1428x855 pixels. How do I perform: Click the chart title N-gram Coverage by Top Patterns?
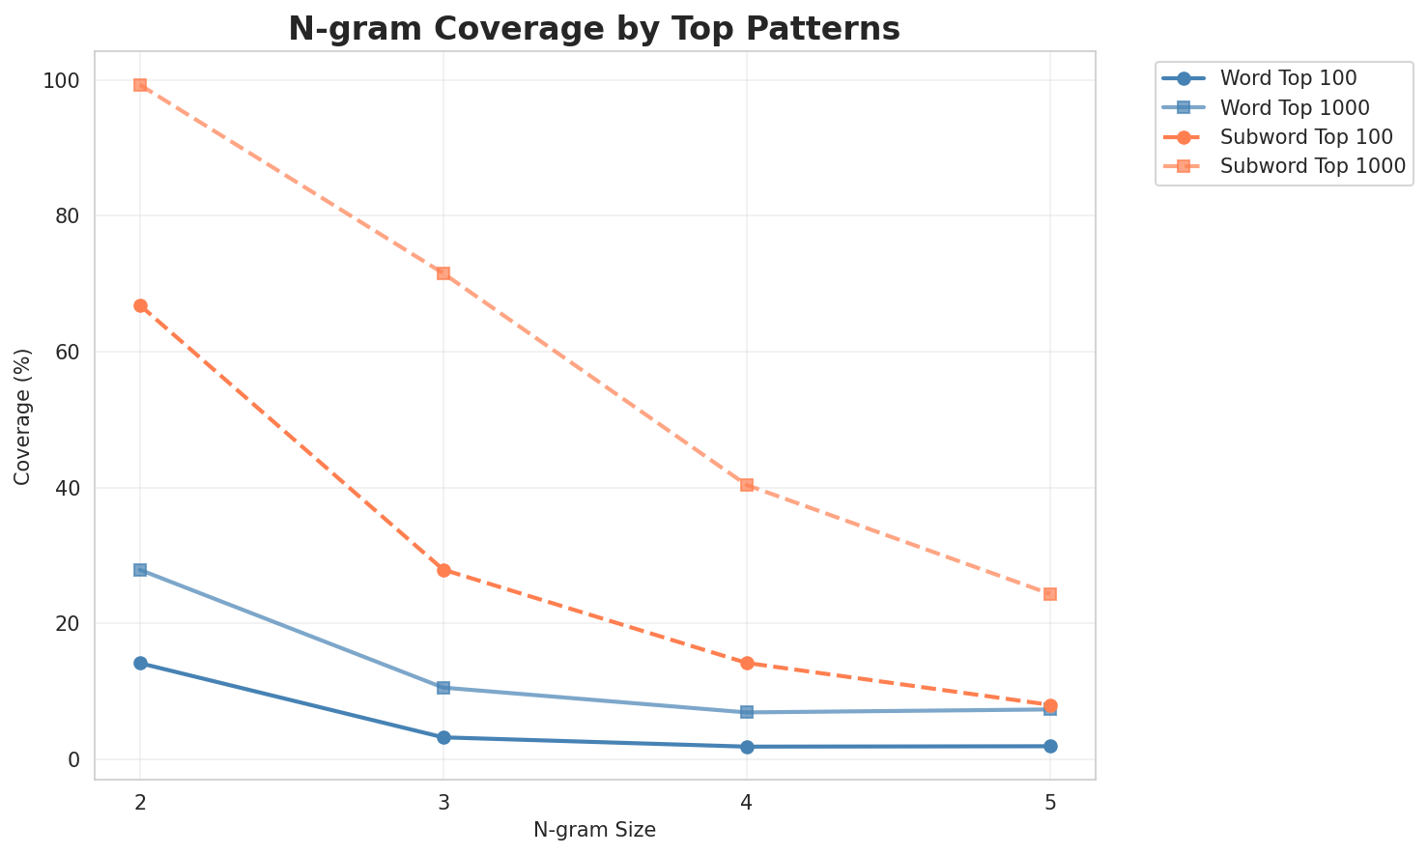pos(594,29)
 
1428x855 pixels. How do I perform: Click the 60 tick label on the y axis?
pos(70,353)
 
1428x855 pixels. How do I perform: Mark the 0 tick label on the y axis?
pos(74,760)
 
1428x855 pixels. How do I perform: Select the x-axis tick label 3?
pos(443,802)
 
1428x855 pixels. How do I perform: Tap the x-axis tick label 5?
pos(1050,802)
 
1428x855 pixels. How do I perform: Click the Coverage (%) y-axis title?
pos(22,415)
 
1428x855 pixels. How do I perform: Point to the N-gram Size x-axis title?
pos(594,830)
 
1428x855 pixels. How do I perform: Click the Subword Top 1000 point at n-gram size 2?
pos(140,85)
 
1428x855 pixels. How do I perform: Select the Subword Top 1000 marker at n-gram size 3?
pos(443,273)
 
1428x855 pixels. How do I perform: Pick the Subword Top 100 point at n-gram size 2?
pos(140,306)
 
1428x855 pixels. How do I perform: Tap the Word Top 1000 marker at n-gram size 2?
pos(140,570)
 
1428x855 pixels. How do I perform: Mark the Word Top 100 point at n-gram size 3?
pos(443,738)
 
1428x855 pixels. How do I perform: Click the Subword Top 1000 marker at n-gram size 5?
pos(1050,594)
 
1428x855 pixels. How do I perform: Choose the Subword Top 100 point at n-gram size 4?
pos(747,664)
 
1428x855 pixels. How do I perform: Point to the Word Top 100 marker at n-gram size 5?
pos(1050,747)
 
